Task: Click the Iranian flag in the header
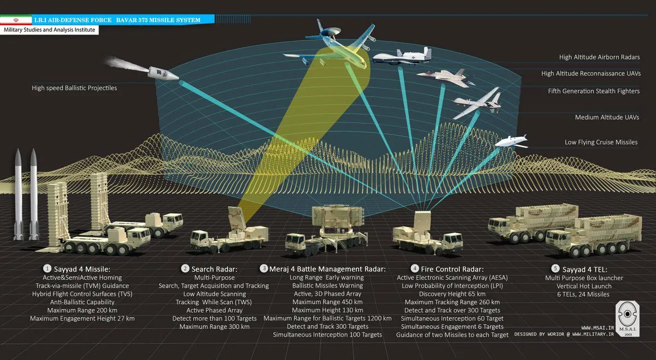[16, 20]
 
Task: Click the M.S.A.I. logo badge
[628, 319]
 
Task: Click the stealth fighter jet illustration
[445, 78]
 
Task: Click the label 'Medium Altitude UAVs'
[607, 117]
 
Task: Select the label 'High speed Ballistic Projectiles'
[74, 88]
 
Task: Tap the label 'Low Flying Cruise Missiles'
[601, 142]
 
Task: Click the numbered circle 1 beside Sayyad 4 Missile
[47, 269]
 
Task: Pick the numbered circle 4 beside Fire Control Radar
[414, 268]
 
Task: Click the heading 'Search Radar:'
[214, 269]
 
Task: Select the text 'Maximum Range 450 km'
[327, 302]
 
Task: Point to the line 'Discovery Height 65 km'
[452, 294]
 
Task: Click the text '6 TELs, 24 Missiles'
[583, 294]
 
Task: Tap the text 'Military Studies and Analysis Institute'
[49, 30]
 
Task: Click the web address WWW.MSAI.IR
[598, 328]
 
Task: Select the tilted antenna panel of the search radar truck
[237, 219]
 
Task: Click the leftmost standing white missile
[19, 194]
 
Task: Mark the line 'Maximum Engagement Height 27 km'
[83, 318]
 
